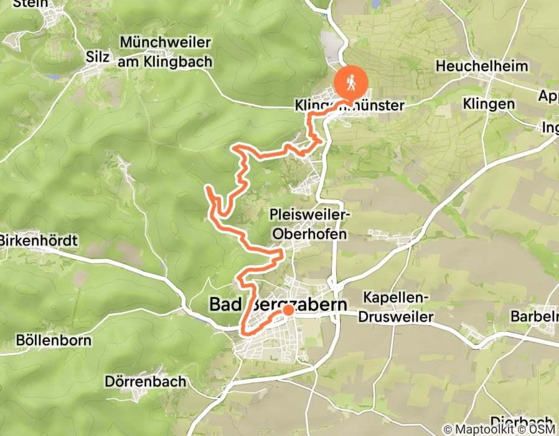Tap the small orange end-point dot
(289, 310)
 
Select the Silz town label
(99, 58)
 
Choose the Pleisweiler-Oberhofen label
(311, 224)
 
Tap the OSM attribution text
(543, 429)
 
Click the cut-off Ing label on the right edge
(550, 128)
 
